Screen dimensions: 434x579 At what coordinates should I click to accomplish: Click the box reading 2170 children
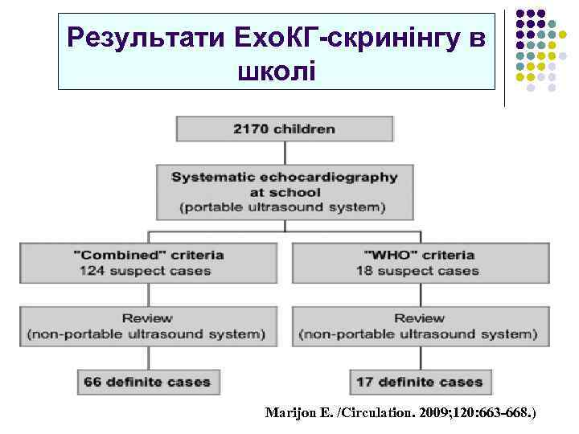click(x=285, y=129)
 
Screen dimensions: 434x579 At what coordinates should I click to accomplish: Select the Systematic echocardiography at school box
click(x=285, y=192)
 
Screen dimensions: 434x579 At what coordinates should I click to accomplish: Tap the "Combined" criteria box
click(x=149, y=263)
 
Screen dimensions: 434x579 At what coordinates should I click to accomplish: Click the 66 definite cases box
click(x=149, y=382)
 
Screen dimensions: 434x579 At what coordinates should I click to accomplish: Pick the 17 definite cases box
click(x=419, y=382)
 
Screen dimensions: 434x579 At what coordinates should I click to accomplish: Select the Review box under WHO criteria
click(x=419, y=325)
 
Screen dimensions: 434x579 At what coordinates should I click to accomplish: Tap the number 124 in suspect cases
click(x=92, y=271)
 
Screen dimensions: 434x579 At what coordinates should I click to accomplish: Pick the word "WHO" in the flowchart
click(x=376, y=255)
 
